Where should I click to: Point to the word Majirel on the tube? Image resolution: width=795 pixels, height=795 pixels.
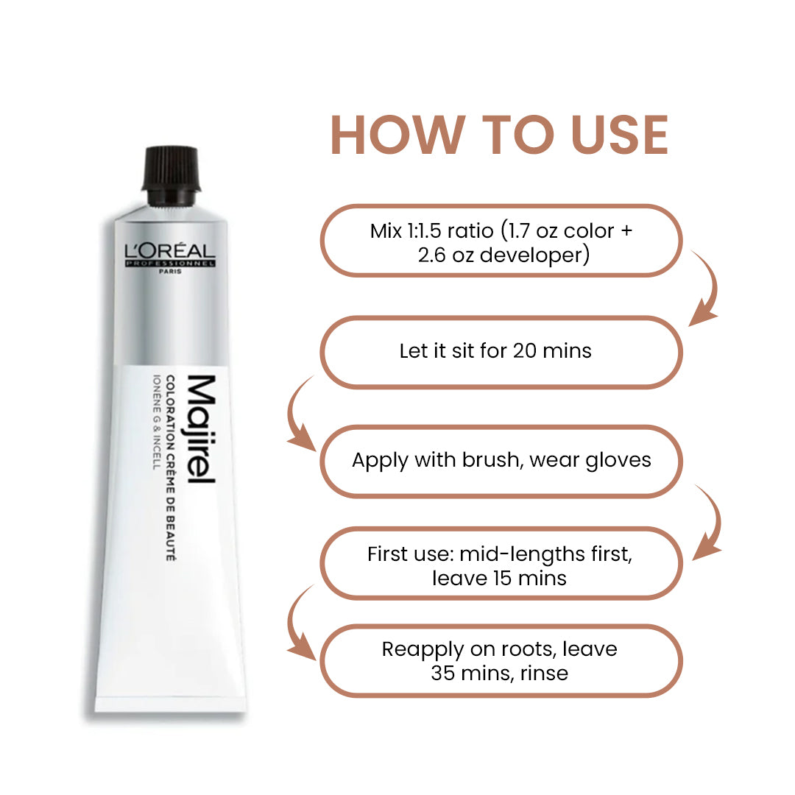[x=199, y=429]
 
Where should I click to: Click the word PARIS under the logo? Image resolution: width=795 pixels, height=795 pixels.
[x=170, y=271]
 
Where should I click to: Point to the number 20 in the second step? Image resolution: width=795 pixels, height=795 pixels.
[x=524, y=350]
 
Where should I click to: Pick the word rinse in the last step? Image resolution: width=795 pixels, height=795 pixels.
[x=543, y=673]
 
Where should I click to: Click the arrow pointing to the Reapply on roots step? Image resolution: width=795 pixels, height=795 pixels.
[x=299, y=622]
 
